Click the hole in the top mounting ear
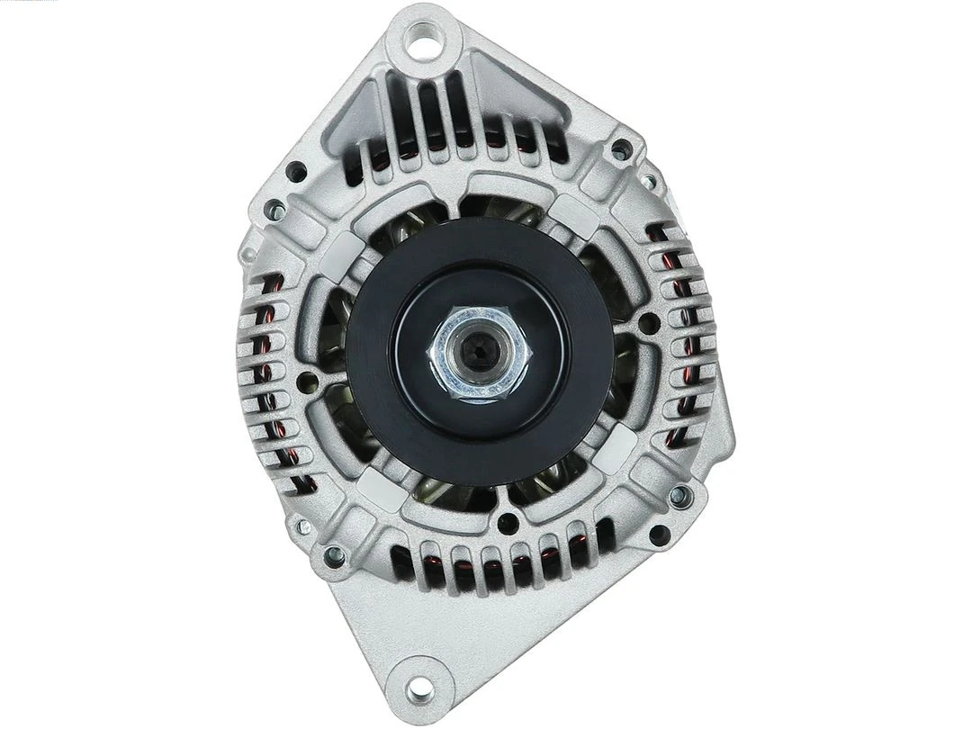coord(421,37)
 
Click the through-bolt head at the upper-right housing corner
coord(621,149)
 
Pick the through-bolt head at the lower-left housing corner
coord(333,555)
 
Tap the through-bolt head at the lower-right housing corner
coord(680,495)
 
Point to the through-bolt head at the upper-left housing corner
coord(276,211)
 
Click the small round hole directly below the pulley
coord(509,522)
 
